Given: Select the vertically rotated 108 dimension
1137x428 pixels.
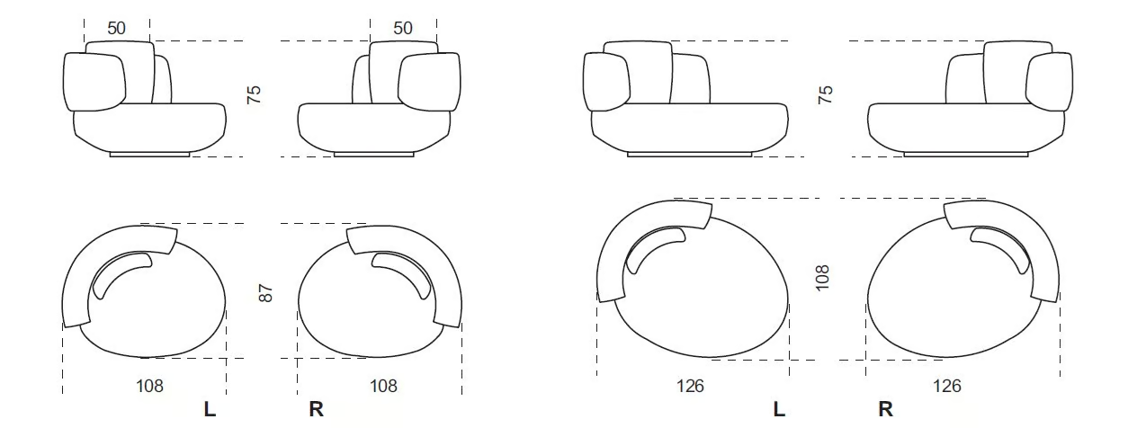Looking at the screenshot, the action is (x=822, y=277).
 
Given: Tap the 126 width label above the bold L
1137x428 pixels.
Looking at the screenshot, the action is (x=690, y=386).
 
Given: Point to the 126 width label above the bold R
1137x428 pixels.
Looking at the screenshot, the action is (x=946, y=386).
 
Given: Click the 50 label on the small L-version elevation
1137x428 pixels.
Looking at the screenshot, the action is (x=116, y=28).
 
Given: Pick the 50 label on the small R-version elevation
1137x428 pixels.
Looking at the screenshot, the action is (x=403, y=28).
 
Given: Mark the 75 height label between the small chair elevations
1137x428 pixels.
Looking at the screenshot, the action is (x=254, y=94).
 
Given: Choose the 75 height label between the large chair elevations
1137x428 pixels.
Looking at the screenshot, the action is (x=826, y=94).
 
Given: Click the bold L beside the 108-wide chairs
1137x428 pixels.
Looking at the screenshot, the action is (x=210, y=409).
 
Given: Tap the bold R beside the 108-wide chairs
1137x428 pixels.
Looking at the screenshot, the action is (x=316, y=409).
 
